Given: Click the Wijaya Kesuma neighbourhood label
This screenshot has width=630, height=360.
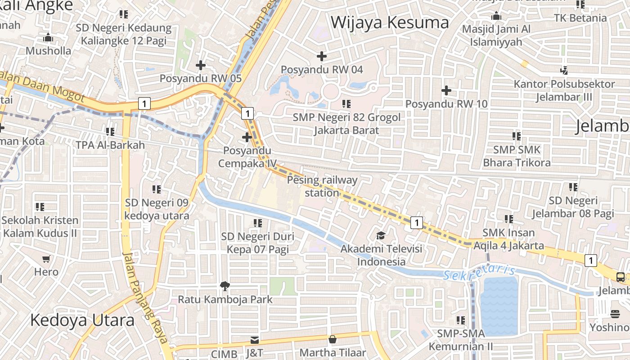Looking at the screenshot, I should [x=390, y=22].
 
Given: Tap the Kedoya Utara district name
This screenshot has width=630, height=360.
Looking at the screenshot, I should [x=82, y=320].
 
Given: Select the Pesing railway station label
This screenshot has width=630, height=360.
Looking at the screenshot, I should [x=322, y=186].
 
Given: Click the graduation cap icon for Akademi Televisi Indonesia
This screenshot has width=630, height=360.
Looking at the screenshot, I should [x=381, y=236].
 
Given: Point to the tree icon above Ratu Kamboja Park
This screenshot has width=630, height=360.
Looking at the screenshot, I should [x=224, y=286].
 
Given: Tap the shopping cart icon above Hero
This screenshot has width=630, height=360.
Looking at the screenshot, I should [x=46, y=259].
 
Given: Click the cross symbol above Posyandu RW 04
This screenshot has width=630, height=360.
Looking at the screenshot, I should [x=321, y=56].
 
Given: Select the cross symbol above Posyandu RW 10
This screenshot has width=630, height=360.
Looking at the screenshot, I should [x=446, y=90].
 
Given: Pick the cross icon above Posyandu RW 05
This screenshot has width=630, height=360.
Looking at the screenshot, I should [x=201, y=65].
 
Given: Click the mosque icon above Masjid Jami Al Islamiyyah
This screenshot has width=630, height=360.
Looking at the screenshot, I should [x=496, y=17].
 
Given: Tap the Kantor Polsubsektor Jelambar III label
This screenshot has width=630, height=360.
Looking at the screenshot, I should [x=564, y=90].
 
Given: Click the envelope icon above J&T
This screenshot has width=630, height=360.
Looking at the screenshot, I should [x=254, y=340].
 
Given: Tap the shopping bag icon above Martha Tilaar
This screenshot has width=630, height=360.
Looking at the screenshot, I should [x=333, y=339].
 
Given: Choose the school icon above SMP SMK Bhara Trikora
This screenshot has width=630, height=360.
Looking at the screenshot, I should [x=516, y=136].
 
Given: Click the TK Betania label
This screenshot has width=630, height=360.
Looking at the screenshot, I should [x=580, y=18].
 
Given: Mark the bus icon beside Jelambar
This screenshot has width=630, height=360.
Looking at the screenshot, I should [x=621, y=277].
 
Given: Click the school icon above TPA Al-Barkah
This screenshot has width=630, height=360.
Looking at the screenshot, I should [x=110, y=132].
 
